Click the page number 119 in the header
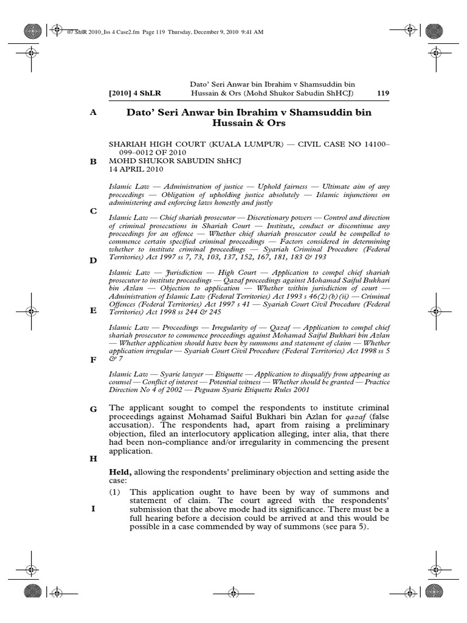(x=383, y=93)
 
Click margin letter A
(x=94, y=113)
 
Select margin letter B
(x=94, y=162)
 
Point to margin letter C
(x=94, y=211)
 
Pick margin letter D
(x=94, y=260)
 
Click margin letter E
(x=94, y=310)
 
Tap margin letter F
(x=94, y=360)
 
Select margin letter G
(x=94, y=409)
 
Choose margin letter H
(x=94, y=459)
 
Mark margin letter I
(x=94, y=509)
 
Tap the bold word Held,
(x=120, y=472)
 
